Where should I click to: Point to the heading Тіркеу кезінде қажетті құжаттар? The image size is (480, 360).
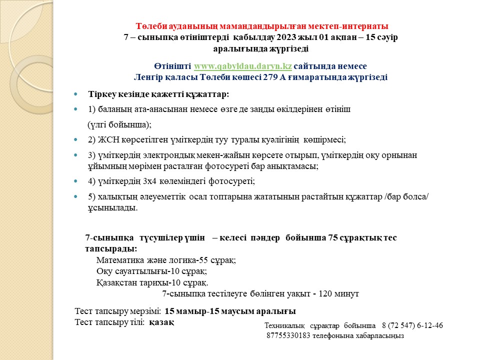click(158, 94)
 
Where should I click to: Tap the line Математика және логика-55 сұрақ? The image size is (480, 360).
click(165, 260)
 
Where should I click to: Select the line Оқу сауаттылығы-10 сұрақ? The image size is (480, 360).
click(151, 271)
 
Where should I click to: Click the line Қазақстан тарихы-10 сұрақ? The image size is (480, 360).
click(152, 282)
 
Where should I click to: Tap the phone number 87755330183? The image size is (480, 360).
click(288, 336)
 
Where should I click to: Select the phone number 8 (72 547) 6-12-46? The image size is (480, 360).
click(412, 326)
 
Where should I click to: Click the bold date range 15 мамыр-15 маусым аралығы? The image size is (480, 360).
click(230, 310)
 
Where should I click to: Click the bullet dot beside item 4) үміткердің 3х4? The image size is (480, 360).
click(75, 181)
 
